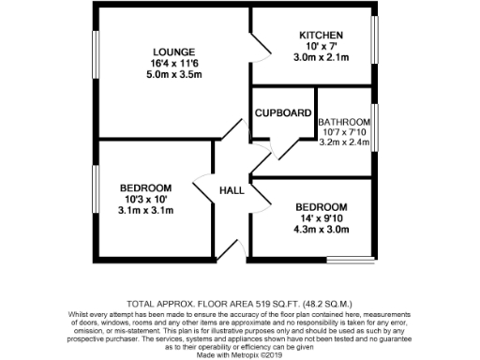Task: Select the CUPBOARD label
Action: click(284, 113)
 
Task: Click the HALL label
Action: click(232, 190)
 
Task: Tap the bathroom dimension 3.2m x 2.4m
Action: click(346, 145)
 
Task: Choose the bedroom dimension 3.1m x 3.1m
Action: click(145, 211)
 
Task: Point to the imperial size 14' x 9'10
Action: click(321, 218)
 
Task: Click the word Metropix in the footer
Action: click(243, 354)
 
